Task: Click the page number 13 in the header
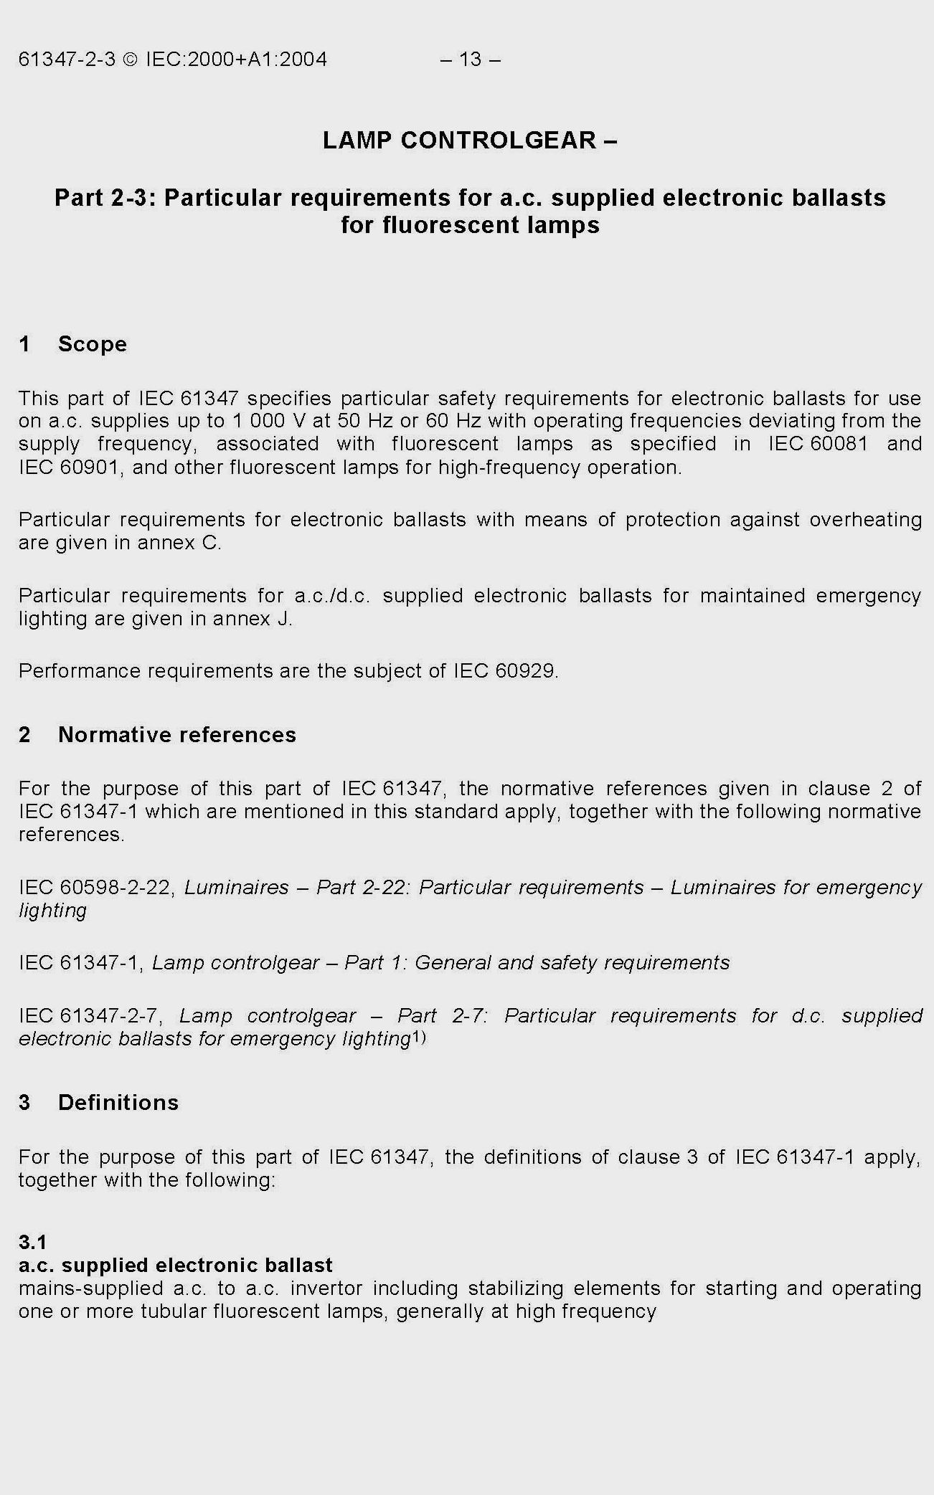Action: click(470, 59)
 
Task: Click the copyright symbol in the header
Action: click(130, 59)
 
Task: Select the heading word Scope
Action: click(93, 344)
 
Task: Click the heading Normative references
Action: click(176, 735)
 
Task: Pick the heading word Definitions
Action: click(118, 1102)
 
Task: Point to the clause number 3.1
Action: click(32, 1241)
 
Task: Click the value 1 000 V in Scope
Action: click(270, 421)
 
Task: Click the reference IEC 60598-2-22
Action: click(95, 888)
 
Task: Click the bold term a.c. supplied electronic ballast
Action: click(176, 1265)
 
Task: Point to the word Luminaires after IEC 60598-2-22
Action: click(237, 888)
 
